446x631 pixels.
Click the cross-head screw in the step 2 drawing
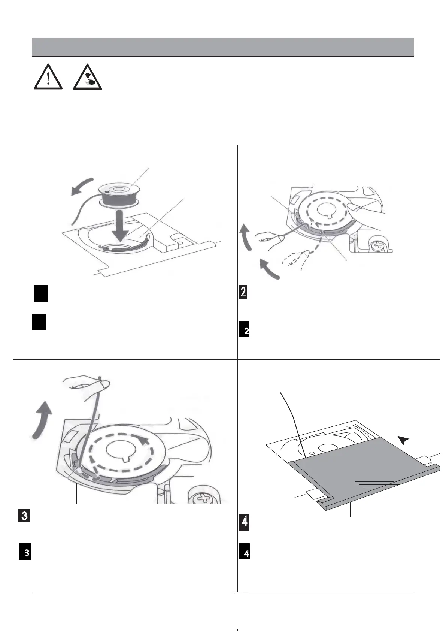click(x=376, y=246)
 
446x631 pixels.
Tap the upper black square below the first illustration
click(x=40, y=294)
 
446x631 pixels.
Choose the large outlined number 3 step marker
click(x=24, y=516)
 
